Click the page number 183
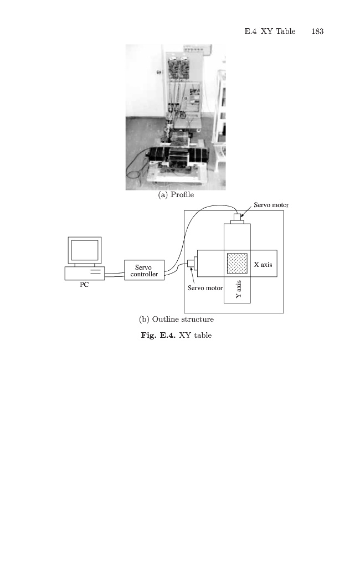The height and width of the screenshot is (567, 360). point(317,32)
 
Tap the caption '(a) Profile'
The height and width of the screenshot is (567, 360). point(176,195)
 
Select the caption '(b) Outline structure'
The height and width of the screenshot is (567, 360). point(176,319)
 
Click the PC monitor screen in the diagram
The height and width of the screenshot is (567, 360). point(84,250)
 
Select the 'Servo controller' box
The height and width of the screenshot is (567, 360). point(144,270)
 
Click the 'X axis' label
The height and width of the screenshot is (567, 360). point(263,265)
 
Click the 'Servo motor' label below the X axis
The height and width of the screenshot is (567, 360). point(205,288)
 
